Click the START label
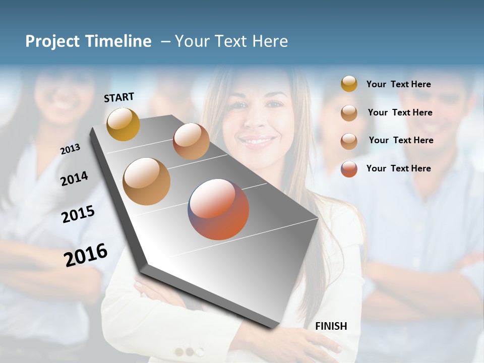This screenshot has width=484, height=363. pyautogui.click(x=119, y=97)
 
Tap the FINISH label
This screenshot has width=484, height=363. pyautogui.click(x=331, y=326)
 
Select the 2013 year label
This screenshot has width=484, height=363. pyautogui.click(x=70, y=149)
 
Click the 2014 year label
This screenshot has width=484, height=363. pyautogui.click(x=74, y=178)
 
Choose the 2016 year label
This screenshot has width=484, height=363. pyautogui.click(x=86, y=255)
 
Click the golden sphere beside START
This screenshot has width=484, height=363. pyautogui.click(x=123, y=124)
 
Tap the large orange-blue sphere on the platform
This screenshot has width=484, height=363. pyautogui.click(x=218, y=209)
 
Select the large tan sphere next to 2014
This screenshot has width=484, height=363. pyautogui.click(x=146, y=181)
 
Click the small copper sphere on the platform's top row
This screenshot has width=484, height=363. pyautogui.click(x=191, y=141)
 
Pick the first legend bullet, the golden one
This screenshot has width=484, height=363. pyautogui.click(x=349, y=84)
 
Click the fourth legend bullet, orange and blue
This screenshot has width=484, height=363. pyautogui.click(x=349, y=169)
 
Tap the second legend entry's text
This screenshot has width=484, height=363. pyautogui.click(x=400, y=112)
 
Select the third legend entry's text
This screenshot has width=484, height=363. pyautogui.click(x=401, y=140)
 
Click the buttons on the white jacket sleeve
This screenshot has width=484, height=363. pyautogui.click(x=185, y=351)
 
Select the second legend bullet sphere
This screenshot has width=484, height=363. pyautogui.click(x=349, y=113)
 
